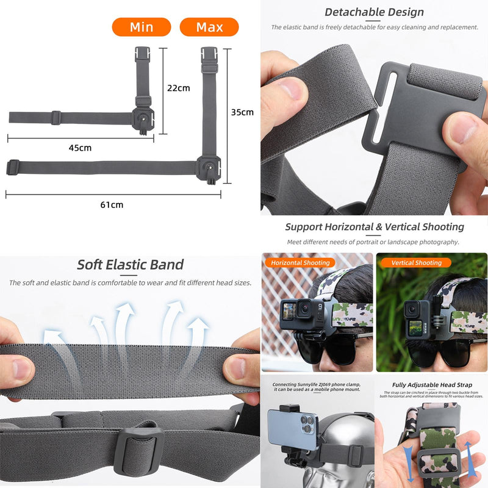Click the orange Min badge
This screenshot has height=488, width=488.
[141, 27]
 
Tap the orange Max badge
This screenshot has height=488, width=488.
[209, 27]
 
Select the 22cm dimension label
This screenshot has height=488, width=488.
[179, 88]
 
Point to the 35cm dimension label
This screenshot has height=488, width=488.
[242, 112]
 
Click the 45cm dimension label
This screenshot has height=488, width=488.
[80, 148]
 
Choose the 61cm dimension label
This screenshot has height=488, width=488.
[112, 205]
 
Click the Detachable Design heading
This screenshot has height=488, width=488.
[374, 12]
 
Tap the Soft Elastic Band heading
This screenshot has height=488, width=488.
[130, 265]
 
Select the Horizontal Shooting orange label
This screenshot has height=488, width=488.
[300, 263]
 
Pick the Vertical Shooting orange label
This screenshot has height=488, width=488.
[415, 263]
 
